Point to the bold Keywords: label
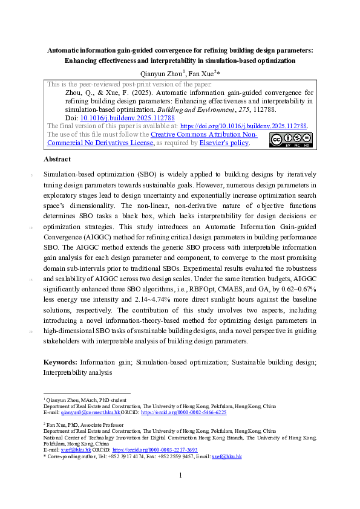click(x=61, y=362)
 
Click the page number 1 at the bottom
click(x=180, y=476)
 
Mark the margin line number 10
click(x=30, y=228)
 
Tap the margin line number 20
click(x=30, y=331)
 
